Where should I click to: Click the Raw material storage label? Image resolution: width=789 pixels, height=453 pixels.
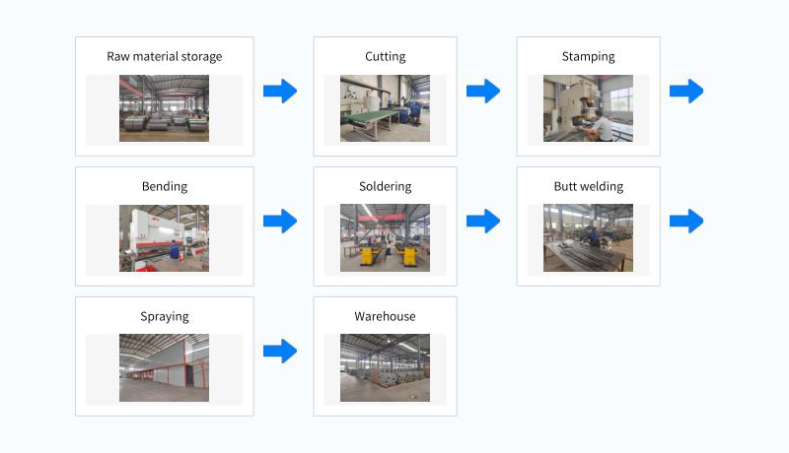(x=165, y=56)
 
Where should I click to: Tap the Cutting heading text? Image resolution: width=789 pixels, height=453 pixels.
(x=385, y=56)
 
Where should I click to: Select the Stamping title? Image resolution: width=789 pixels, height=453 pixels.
(x=588, y=56)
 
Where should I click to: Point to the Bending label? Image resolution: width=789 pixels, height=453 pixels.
(x=165, y=186)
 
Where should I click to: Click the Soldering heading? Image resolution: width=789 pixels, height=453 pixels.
(x=385, y=186)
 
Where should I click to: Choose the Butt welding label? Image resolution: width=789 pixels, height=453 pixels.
(x=588, y=186)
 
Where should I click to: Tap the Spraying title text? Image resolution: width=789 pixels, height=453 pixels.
(x=165, y=316)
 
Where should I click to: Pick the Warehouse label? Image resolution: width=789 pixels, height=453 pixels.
(x=385, y=316)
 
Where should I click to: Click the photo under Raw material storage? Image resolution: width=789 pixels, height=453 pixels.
(x=164, y=108)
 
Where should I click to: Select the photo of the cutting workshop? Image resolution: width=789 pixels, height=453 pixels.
(x=385, y=108)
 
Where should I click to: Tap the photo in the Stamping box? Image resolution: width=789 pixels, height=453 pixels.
(x=588, y=108)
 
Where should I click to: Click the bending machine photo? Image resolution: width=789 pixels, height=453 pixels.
(x=164, y=238)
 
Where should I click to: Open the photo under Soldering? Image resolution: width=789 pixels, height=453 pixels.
(x=385, y=238)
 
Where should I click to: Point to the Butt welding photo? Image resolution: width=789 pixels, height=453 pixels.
(x=588, y=238)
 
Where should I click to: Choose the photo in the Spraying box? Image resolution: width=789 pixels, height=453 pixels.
(x=164, y=367)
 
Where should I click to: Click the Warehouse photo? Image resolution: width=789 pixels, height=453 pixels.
(x=385, y=367)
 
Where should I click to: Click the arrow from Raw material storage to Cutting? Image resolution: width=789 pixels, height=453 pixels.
(x=280, y=92)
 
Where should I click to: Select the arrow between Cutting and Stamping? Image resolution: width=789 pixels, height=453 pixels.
(x=483, y=92)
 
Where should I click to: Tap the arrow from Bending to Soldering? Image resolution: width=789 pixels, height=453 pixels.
(x=280, y=222)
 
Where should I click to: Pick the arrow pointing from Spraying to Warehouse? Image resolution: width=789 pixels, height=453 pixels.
(x=280, y=351)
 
